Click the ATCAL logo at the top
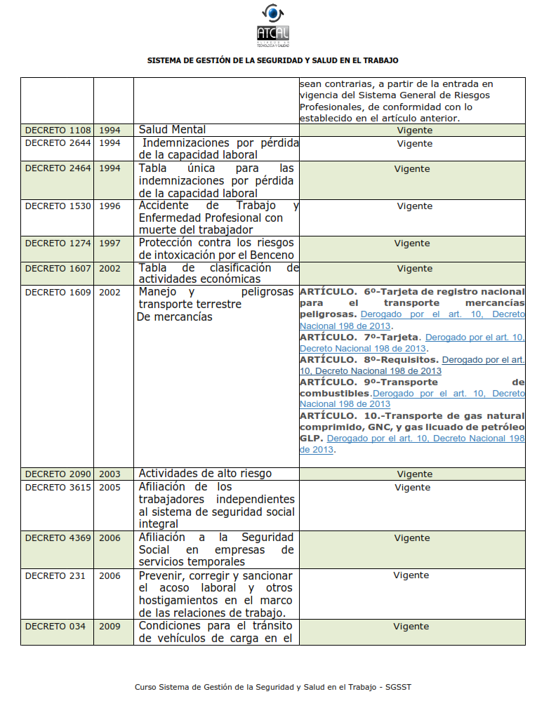[273, 25]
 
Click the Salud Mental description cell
[173, 130]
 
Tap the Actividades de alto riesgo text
[205, 474]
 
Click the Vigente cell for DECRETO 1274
[412, 243]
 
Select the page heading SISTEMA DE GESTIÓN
[273, 60]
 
